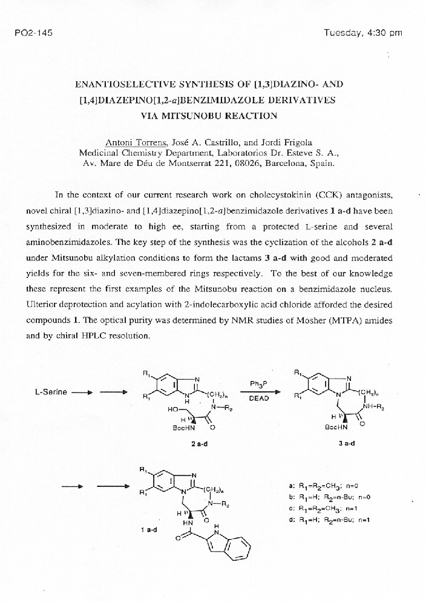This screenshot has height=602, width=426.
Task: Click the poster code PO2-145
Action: coord(33,33)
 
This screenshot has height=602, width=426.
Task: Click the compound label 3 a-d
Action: coord(346,443)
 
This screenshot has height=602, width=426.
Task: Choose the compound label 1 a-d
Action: coord(148,529)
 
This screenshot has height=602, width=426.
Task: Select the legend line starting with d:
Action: coord(338,520)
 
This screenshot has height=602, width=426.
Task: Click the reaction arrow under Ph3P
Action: coord(260,391)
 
